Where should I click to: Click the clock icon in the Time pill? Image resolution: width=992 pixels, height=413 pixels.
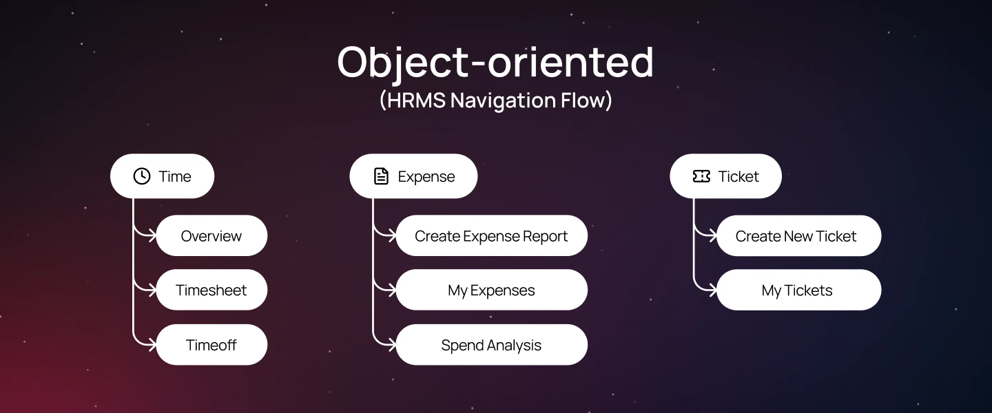pos(141,176)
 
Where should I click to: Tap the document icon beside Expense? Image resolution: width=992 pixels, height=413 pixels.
pos(381,176)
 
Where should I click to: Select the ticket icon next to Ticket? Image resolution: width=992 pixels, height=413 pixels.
pos(701,176)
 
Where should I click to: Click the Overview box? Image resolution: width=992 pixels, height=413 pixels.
pos(211,236)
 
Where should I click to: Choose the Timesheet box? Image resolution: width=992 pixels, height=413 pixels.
pos(211,290)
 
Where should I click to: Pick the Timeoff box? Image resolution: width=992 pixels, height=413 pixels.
pos(211,345)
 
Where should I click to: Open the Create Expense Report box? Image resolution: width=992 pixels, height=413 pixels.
pos(491,236)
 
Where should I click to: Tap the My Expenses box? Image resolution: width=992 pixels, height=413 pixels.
pos(491,290)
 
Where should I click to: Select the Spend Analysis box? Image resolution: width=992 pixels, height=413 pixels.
pos(491,345)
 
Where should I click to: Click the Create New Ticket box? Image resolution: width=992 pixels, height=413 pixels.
pos(798,236)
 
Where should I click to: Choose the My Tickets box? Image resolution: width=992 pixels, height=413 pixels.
pos(798,290)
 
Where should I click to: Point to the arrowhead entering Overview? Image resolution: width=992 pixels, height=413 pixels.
pos(154,235)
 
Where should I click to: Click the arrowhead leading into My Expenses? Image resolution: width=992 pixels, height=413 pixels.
pos(393,290)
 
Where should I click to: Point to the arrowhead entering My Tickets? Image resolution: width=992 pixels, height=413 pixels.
pos(714,290)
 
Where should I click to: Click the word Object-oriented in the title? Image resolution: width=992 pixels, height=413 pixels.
pos(495,62)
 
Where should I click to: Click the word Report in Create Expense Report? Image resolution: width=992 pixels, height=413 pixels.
pos(545,236)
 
